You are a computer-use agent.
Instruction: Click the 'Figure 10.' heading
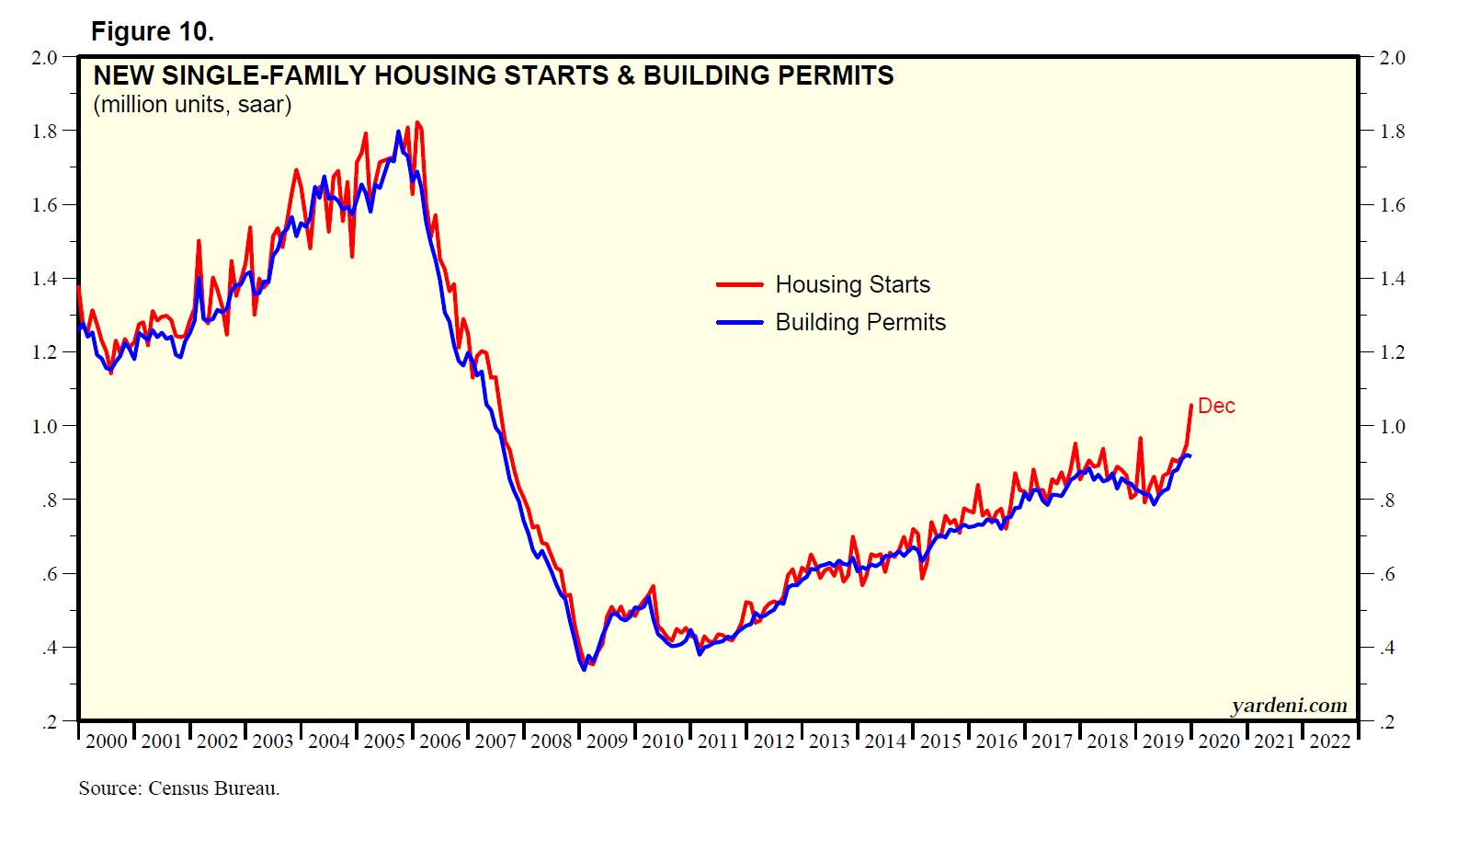(153, 32)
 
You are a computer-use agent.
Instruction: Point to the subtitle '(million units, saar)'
(192, 105)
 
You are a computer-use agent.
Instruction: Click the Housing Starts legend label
(852, 285)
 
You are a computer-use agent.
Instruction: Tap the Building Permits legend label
(860, 323)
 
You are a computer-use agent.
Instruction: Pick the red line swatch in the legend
(740, 285)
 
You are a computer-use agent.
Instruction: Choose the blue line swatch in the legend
(740, 323)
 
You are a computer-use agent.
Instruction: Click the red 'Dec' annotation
(1216, 407)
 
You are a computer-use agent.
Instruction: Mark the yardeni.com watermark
(1289, 706)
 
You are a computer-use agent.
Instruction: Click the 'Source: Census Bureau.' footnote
(179, 788)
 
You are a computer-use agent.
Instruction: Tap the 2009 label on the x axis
(607, 742)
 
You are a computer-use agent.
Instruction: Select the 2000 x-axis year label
(107, 742)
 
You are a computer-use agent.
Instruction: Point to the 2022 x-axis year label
(1330, 742)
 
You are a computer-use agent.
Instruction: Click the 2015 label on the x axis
(940, 742)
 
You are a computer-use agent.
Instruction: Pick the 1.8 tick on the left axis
(45, 132)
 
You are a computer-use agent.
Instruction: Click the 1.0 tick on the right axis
(1393, 427)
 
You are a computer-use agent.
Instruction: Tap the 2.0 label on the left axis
(45, 58)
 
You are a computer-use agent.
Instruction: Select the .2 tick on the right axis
(1388, 722)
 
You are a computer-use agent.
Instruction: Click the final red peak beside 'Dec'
(1191, 406)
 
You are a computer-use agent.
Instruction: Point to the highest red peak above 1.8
(417, 122)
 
